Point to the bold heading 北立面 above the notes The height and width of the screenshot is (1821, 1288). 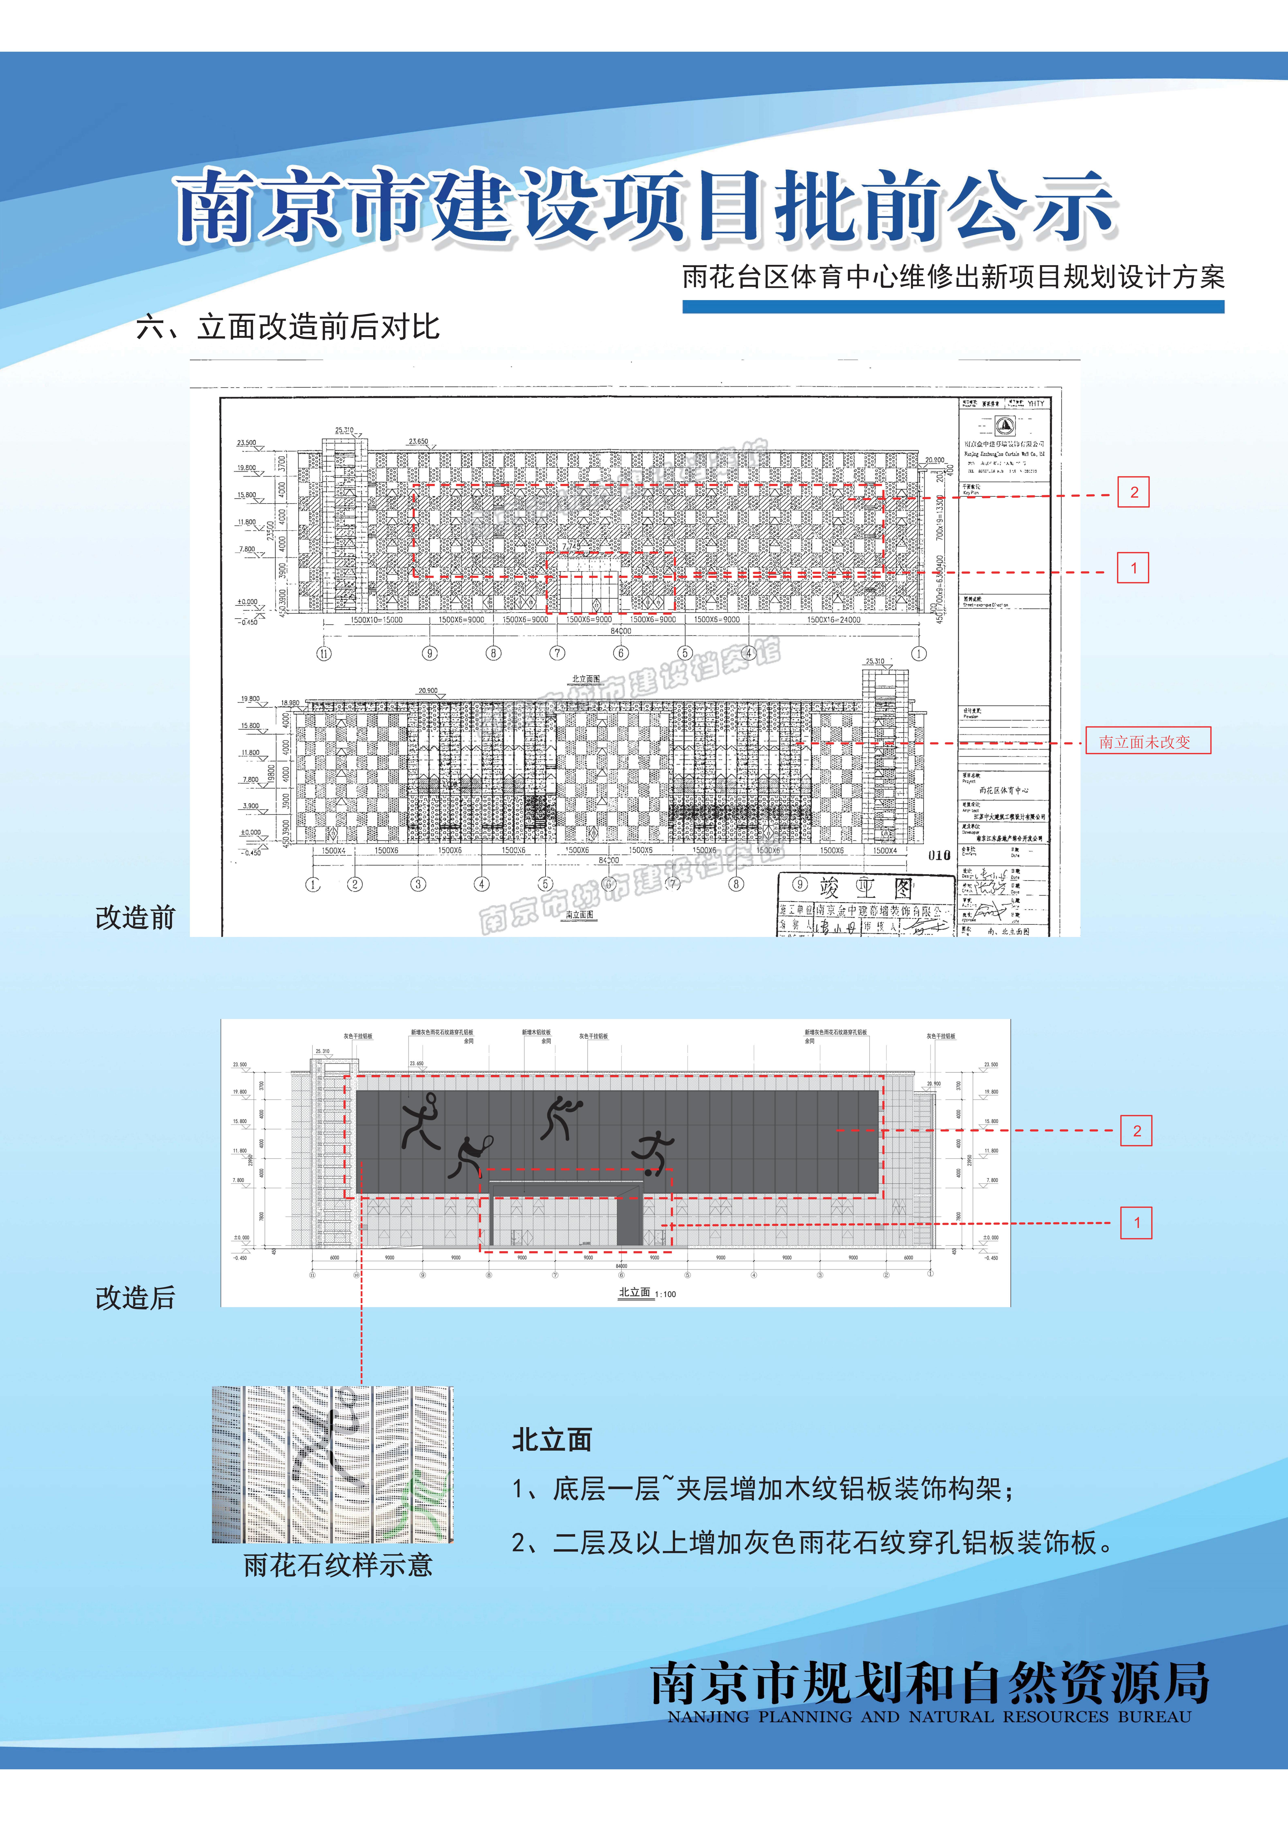[552, 1439]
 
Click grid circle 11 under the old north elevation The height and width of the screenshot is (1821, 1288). [324, 653]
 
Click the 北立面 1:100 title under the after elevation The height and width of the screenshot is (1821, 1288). [646, 1293]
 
